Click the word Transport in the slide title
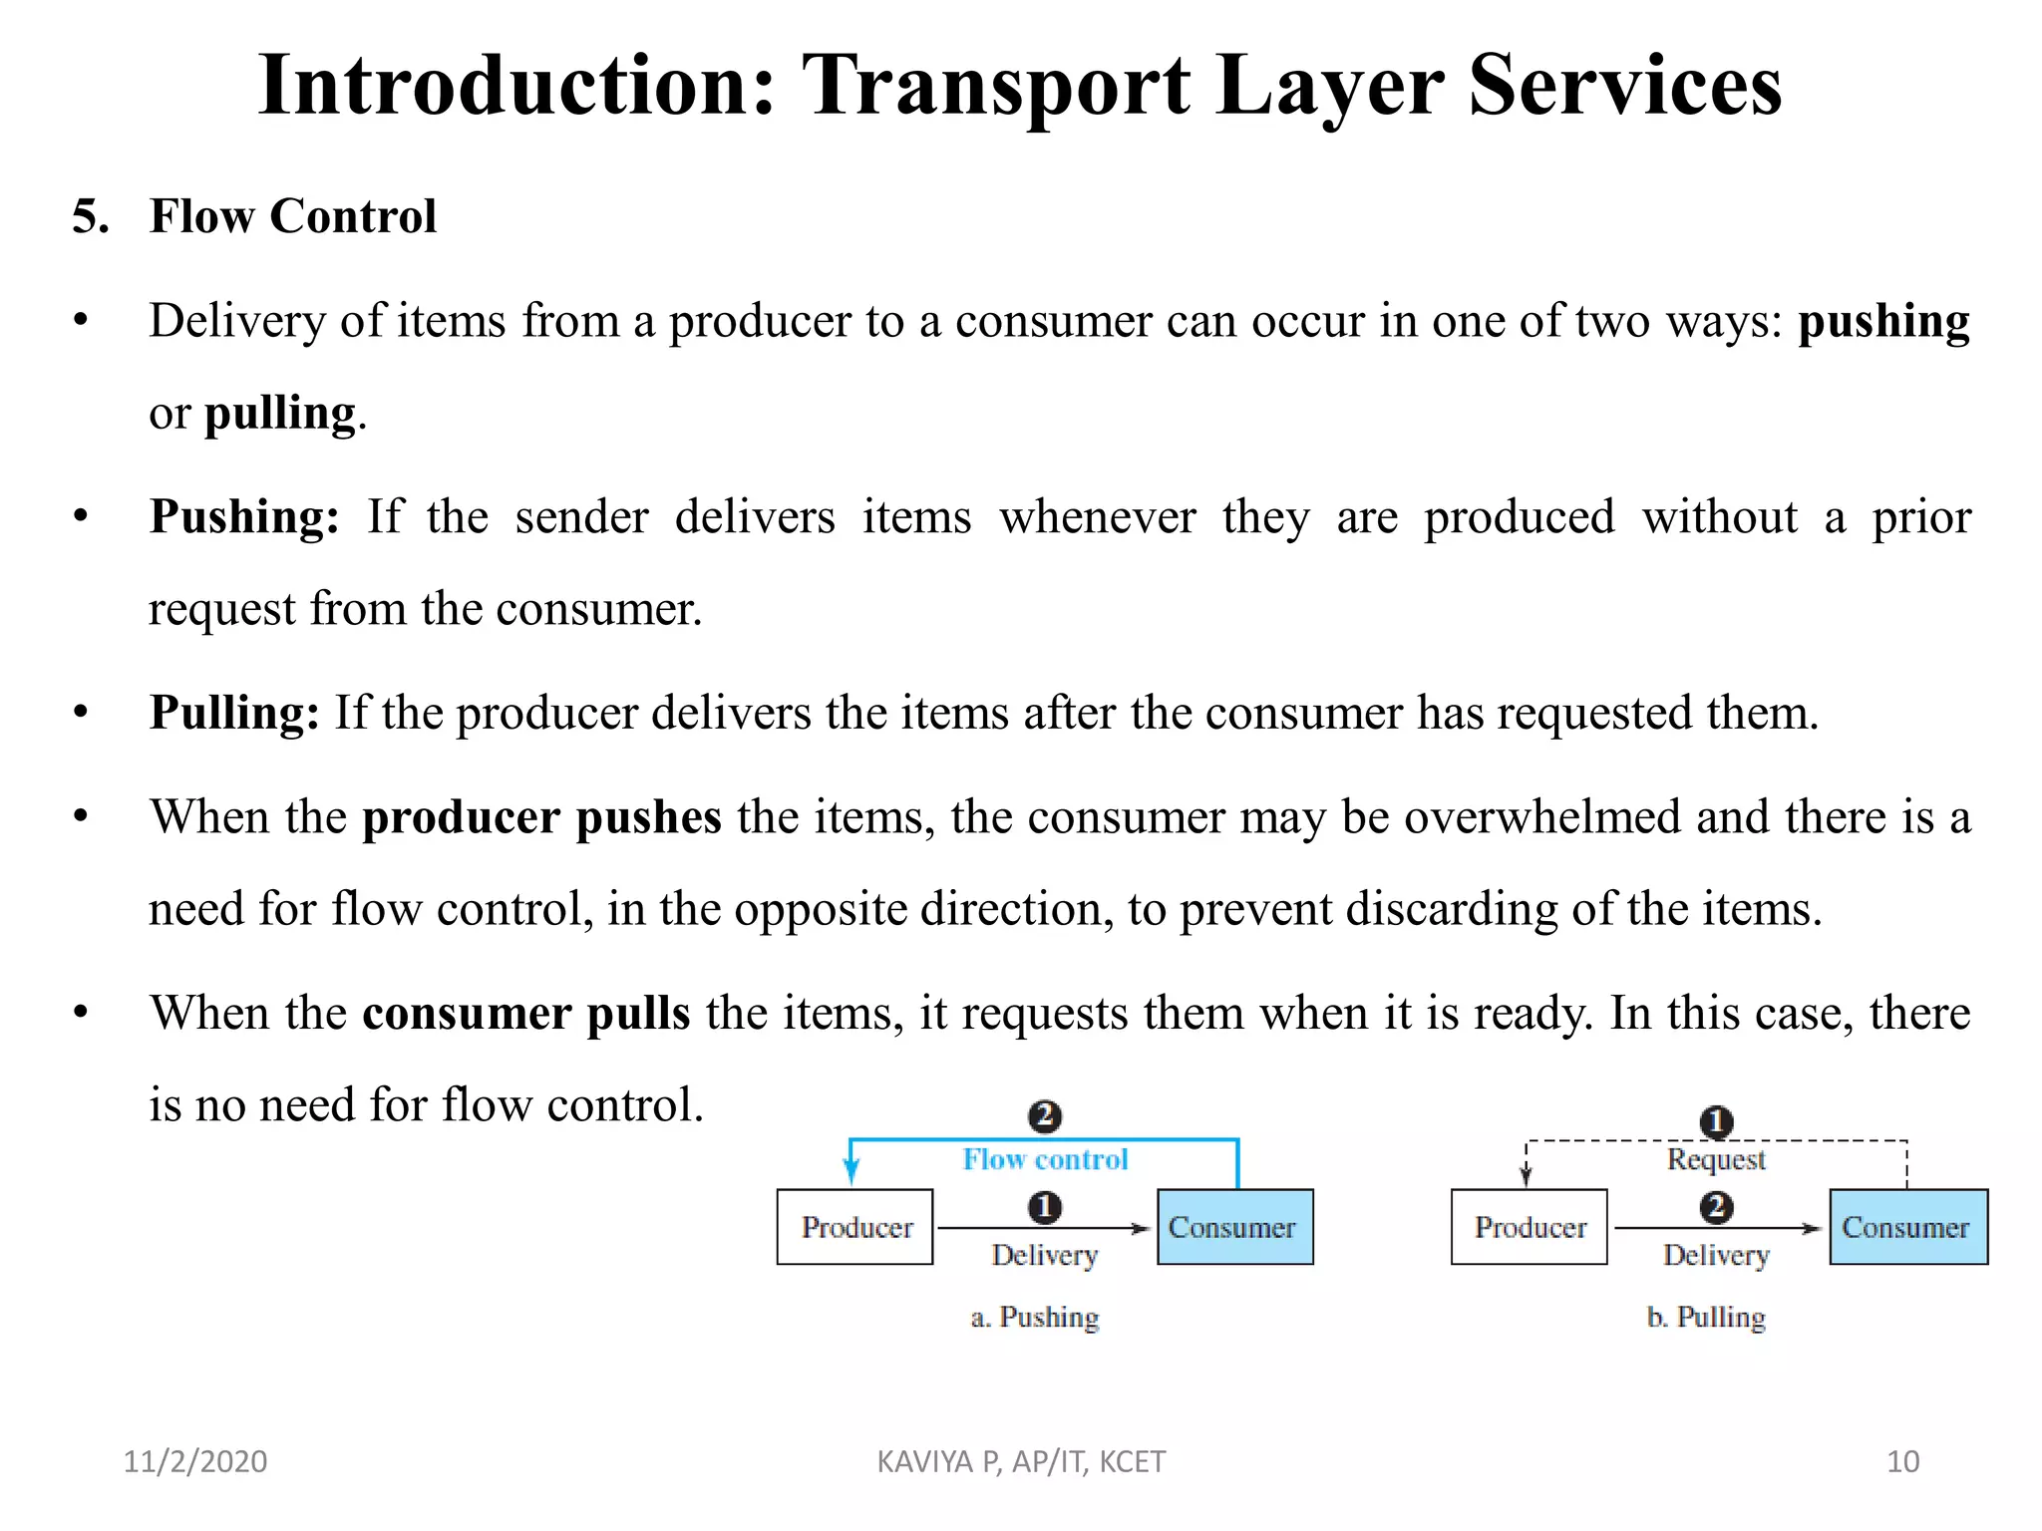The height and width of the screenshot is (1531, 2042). [x=995, y=88]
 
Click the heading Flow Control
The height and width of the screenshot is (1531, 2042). [x=292, y=216]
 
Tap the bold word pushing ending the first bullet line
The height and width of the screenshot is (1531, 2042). [x=1883, y=322]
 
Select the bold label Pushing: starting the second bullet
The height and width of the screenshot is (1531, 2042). [x=244, y=517]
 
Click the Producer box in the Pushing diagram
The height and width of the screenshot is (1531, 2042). [x=855, y=1227]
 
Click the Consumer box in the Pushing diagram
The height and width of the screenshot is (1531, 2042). [x=1234, y=1227]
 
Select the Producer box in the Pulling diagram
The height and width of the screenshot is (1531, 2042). [x=1530, y=1227]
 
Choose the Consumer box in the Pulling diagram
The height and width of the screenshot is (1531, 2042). [x=1908, y=1227]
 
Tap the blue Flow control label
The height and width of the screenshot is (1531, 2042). [x=1045, y=1159]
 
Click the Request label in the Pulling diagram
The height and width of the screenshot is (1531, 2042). [x=1716, y=1159]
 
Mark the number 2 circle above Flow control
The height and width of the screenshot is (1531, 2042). [x=1044, y=1115]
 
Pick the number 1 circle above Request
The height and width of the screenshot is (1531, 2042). [x=1716, y=1122]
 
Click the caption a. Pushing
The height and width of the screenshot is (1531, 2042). [x=1035, y=1317]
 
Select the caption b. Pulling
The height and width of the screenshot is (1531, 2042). [x=1706, y=1317]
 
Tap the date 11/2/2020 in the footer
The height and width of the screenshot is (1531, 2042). [x=195, y=1461]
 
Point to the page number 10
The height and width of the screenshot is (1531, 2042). [x=1902, y=1461]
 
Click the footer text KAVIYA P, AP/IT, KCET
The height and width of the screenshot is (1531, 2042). [x=1021, y=1461]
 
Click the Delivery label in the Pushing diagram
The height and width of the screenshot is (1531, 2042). [x=1045, y=1255]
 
